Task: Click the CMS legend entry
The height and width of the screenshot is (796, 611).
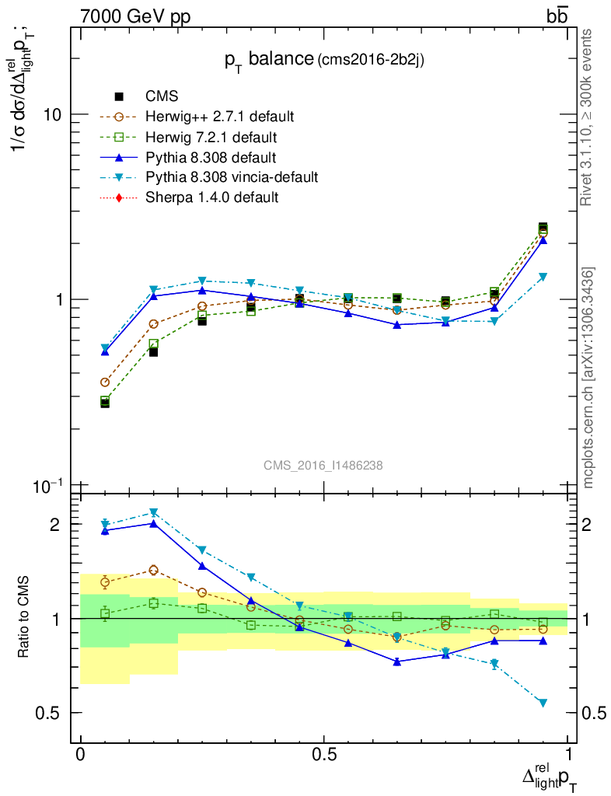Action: click(162, 96)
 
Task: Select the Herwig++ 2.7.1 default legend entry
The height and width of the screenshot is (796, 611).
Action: click(219, 117)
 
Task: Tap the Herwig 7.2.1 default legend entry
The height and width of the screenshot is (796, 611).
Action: click(211, 137)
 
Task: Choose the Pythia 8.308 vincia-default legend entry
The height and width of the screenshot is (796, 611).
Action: click(232, 177)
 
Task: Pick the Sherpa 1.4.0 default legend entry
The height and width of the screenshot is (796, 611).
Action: click(211, 197)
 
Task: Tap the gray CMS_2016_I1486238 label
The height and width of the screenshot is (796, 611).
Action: click(323, 465)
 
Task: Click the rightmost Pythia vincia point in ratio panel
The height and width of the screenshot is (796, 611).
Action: click(543, 703)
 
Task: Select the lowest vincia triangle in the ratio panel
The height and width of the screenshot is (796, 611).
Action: click(543, 703)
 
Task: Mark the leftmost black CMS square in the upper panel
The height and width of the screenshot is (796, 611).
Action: click(105, 403)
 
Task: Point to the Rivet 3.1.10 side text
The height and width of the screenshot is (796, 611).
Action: click(588, 117)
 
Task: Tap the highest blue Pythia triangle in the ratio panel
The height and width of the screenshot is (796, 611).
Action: click(154, 523)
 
